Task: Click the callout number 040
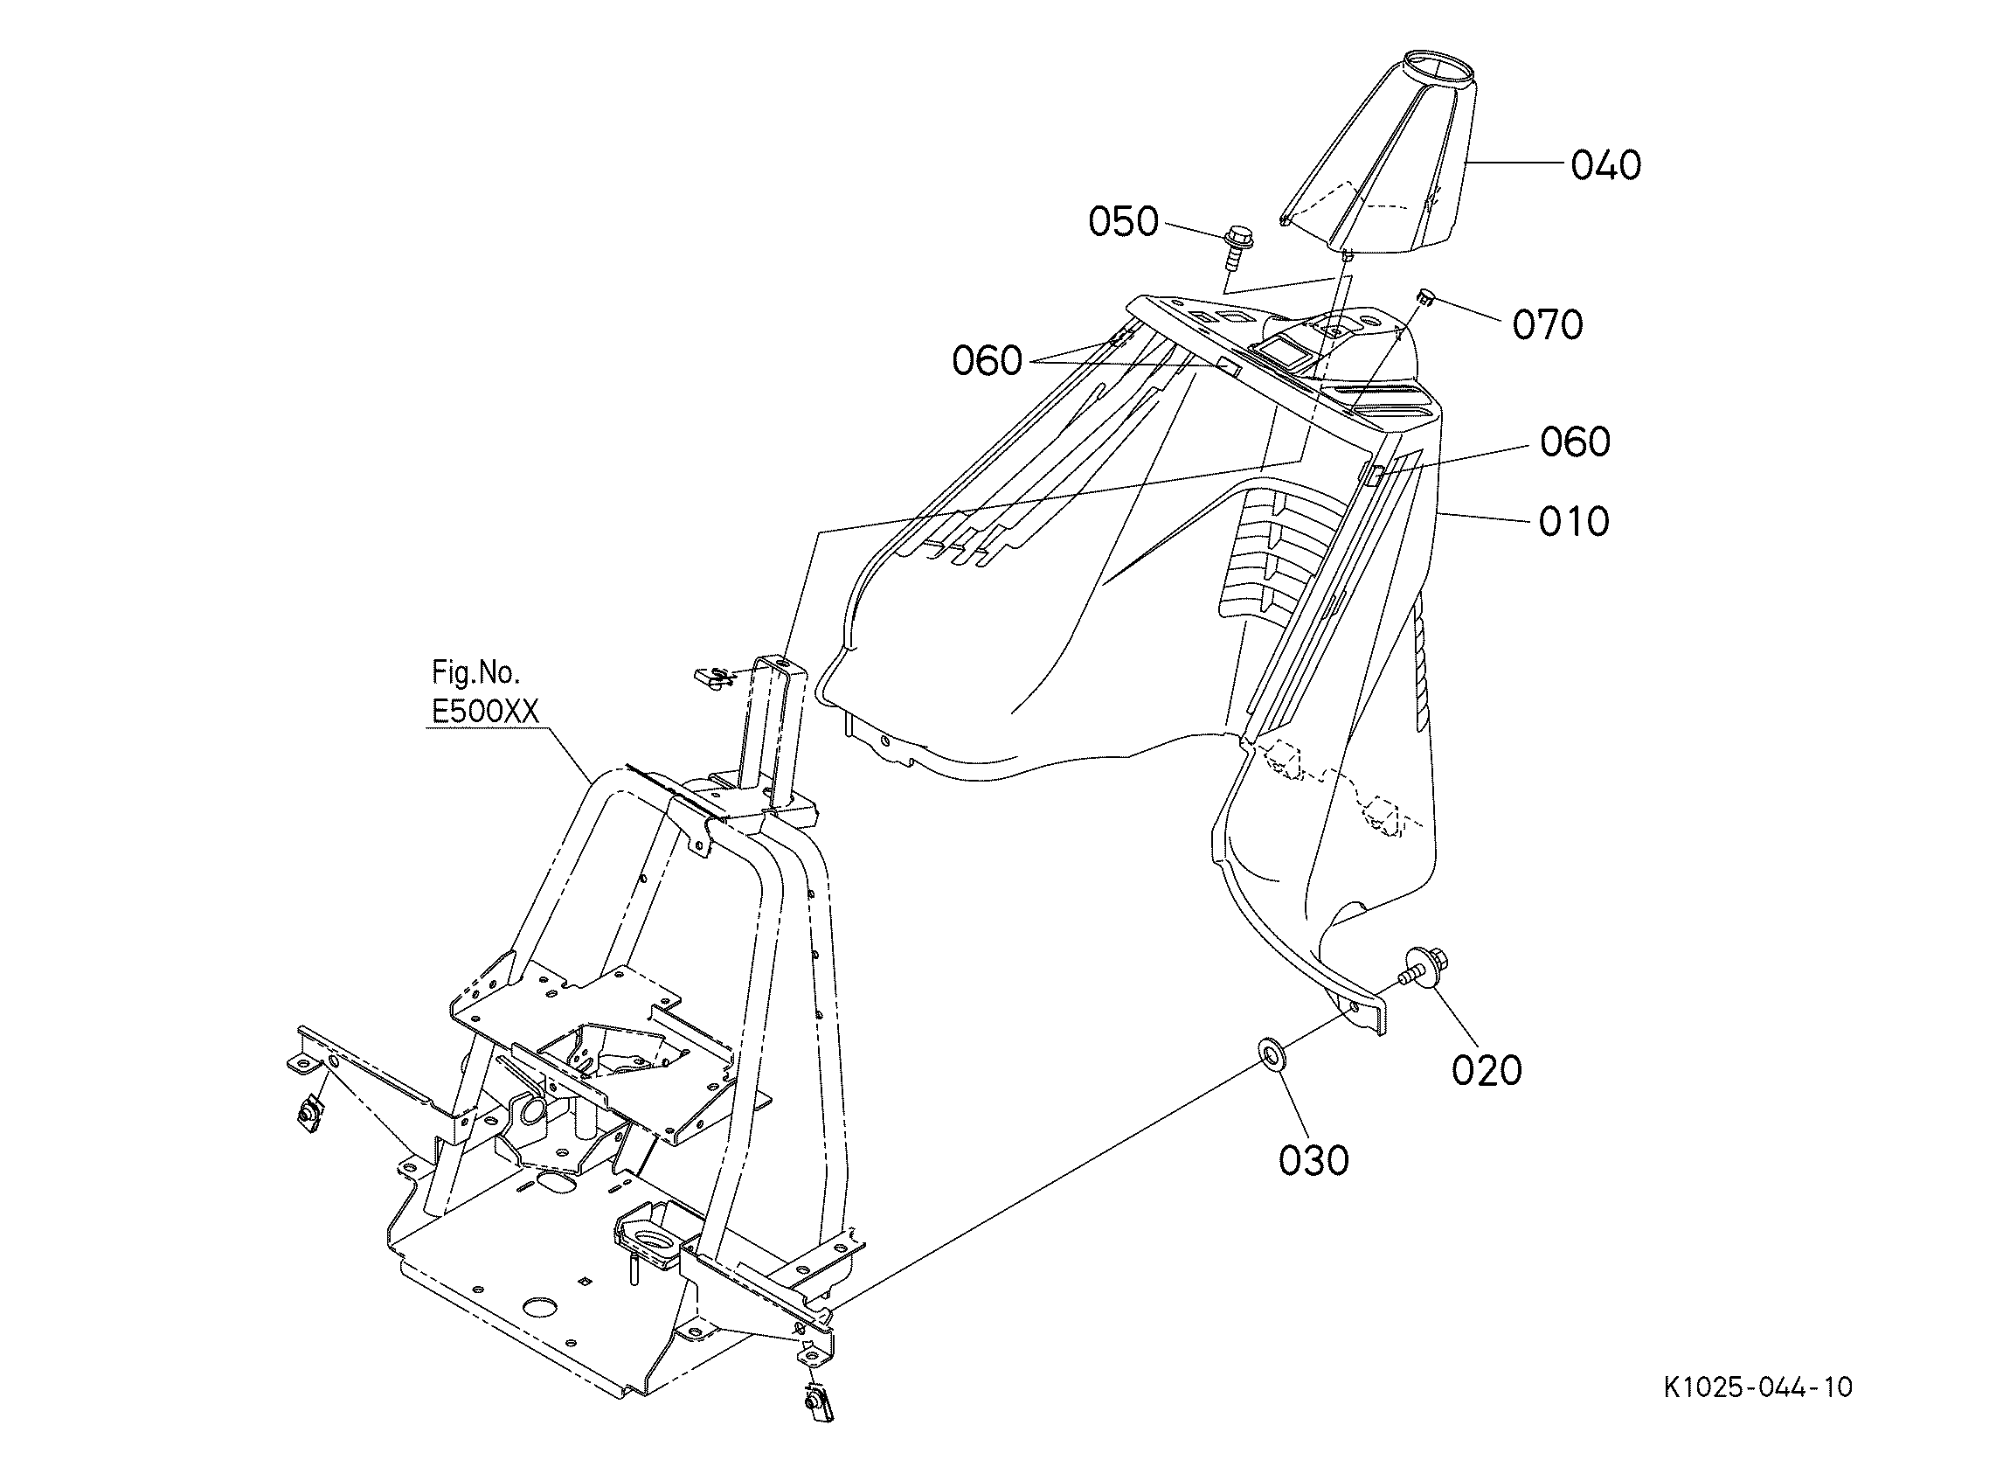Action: click(x=1606, y=166)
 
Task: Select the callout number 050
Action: click(x=1124, y=221)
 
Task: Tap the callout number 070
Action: click(x=1548, y=325)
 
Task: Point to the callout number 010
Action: click(x=1574, y=521)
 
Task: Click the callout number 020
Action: click(x=1487, y=1070)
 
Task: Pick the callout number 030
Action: click(x=1314, y=1159)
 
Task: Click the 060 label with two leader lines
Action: click(x=988, y=361)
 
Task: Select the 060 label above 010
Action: click(x=1575, y=441)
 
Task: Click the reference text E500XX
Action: click(x=485, y=711)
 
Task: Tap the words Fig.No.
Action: click(x=476, y=674)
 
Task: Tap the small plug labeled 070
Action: click(x=1425, y=296)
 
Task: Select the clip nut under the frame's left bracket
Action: click(x=309, y=1109)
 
